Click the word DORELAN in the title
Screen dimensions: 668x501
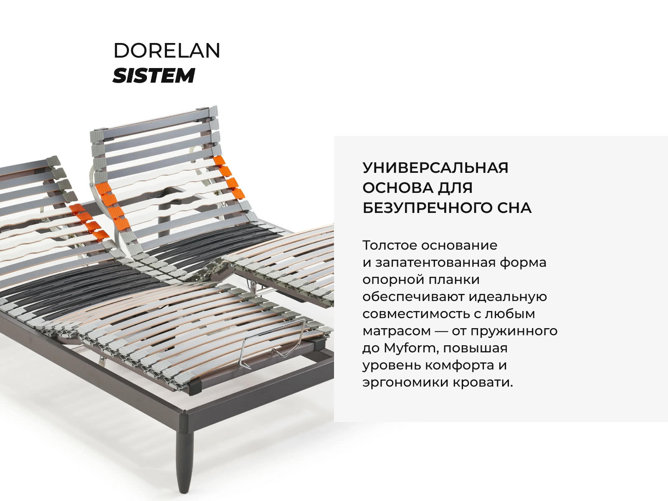tap(167, 51)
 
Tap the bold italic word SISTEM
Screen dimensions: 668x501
tap(154, 76)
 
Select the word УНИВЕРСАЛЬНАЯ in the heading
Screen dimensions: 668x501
tap(435, 167)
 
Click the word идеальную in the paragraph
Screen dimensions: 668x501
tap(508, 297)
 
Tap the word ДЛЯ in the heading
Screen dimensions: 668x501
tap(455, 188)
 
